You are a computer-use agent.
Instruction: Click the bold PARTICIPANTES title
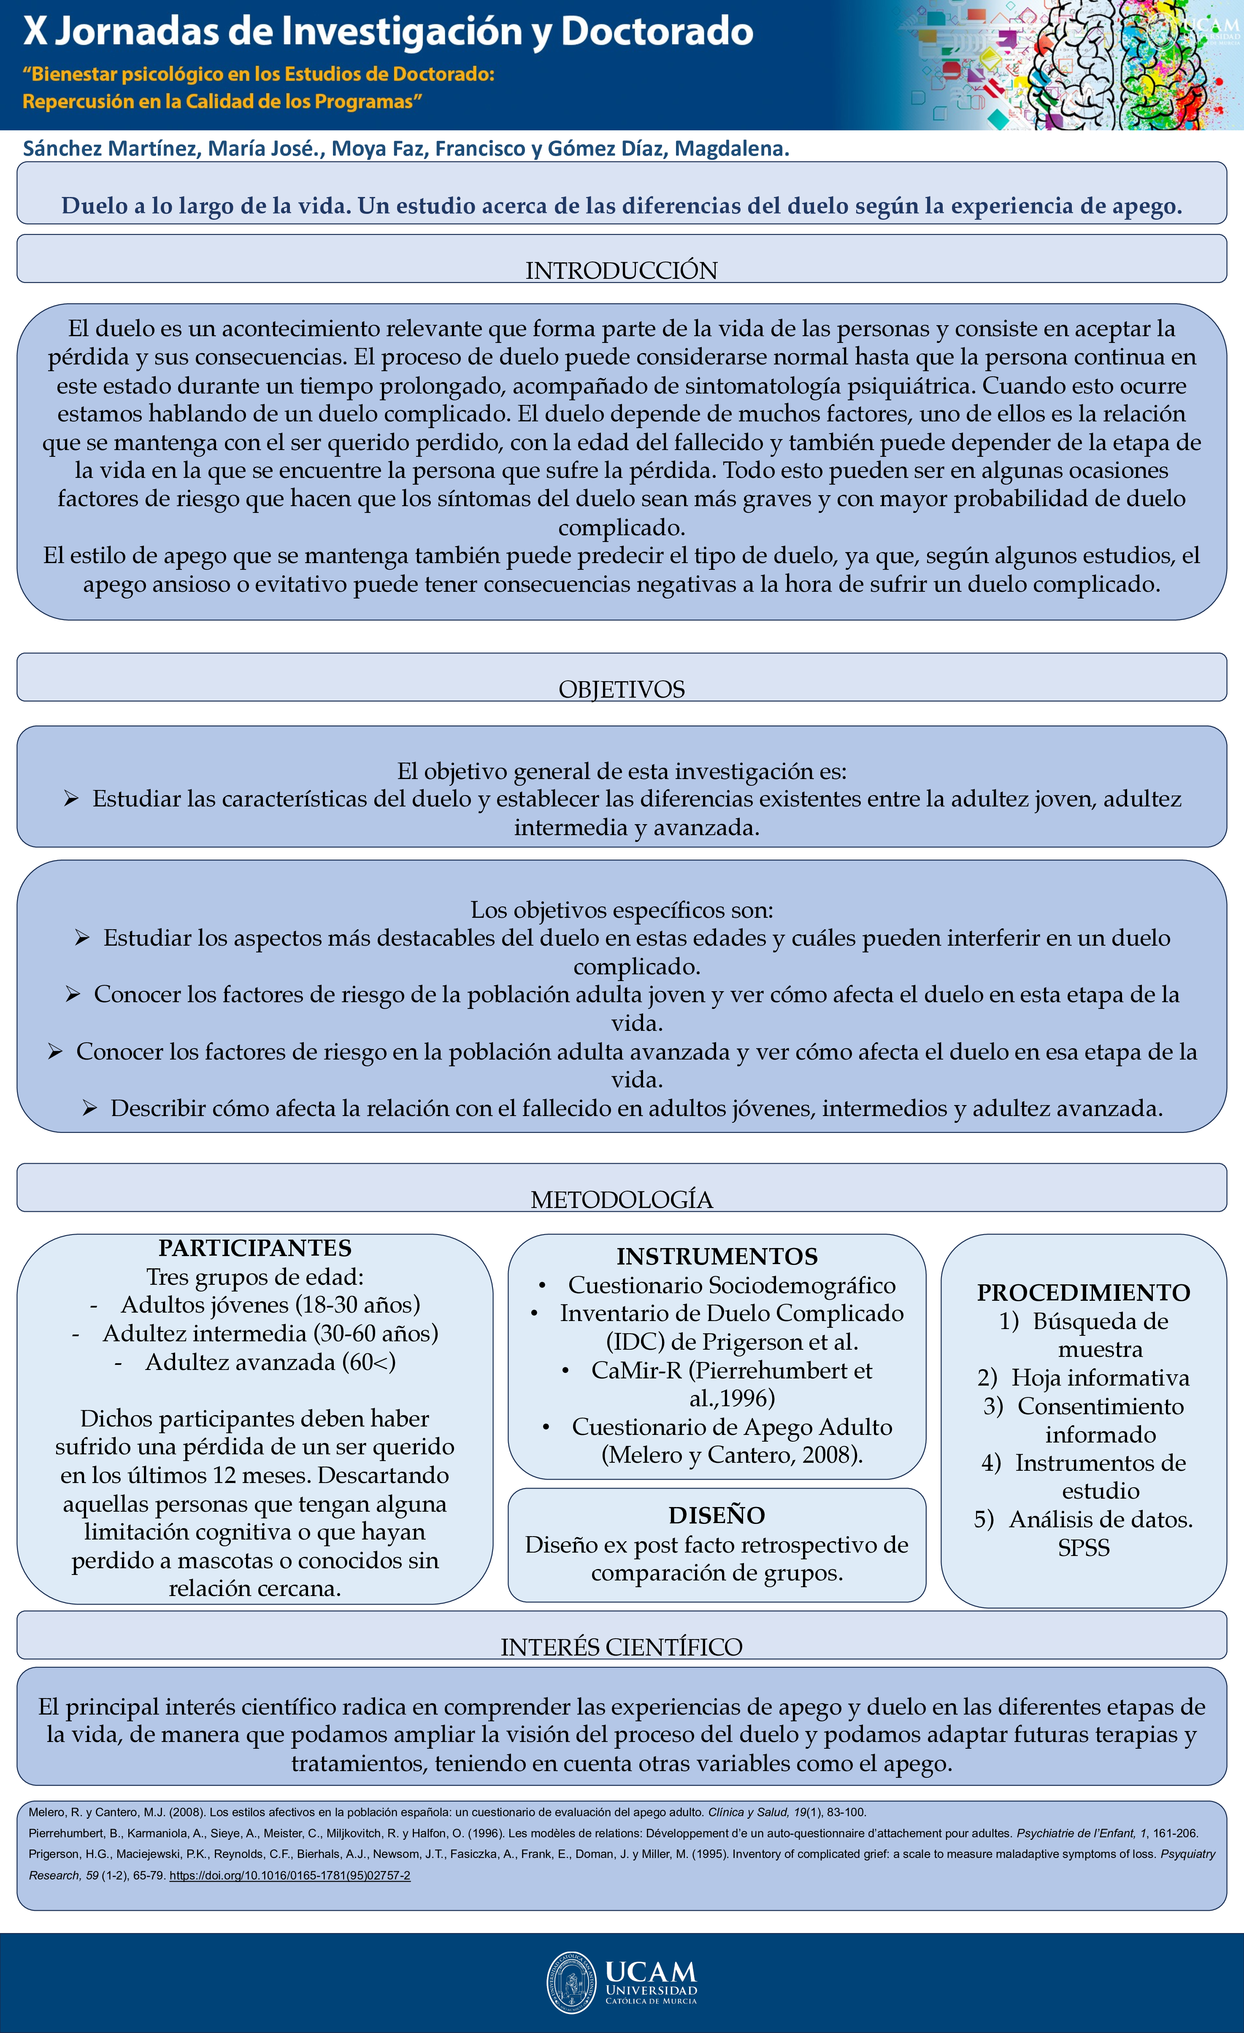(255, 1248)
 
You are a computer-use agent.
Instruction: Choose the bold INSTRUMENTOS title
(717, 1256)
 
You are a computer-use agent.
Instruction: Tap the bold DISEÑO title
(717, 1515)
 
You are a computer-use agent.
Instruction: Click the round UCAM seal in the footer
(571, 1983)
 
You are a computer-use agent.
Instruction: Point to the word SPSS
(1083, 1548)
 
